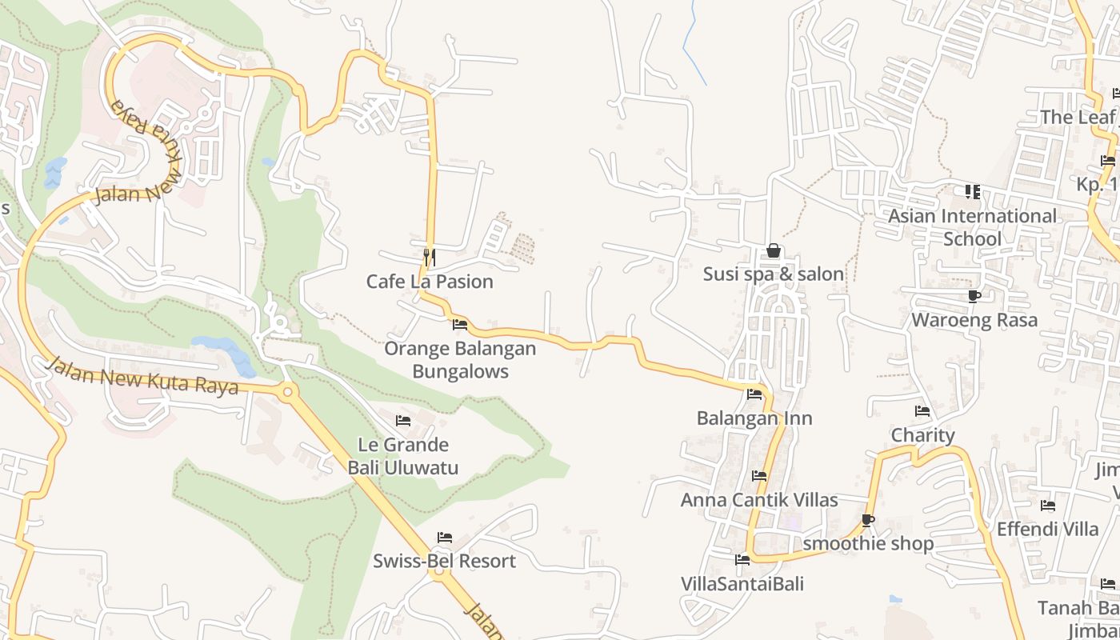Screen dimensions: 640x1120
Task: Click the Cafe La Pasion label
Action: coord(430,282)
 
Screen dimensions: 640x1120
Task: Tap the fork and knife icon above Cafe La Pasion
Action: coord(430,257)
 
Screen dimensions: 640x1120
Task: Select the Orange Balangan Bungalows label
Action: coord(460,360)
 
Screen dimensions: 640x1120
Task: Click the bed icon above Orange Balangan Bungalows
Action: coord(460,325)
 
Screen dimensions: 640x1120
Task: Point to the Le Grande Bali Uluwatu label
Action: coord(403,456)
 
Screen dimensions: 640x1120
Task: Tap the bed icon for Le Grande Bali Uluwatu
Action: coord(403,421)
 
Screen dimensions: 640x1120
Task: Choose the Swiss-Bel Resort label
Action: coord(444,561)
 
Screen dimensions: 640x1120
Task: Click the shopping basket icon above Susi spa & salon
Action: coord(773,250)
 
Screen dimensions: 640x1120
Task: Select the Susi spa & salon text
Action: coord(773,274)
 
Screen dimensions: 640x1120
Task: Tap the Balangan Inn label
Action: coord(754,418)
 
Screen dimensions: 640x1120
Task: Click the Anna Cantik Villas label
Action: coord(759,500)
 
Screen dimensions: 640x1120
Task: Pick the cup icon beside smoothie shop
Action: coord(867,521)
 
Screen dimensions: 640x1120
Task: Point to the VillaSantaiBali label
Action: coord(742,583)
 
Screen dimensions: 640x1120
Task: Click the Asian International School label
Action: coord(972,227)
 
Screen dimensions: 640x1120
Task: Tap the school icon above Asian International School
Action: coord(972,192)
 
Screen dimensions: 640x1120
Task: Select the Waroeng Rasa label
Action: coord(974,321)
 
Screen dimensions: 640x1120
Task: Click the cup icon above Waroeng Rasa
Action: coord(974,297)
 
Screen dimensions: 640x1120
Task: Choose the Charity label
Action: coord(922,435)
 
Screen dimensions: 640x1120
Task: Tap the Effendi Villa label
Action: coord(1047,529)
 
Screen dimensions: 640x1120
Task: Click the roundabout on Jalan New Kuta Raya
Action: coord(287,392)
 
